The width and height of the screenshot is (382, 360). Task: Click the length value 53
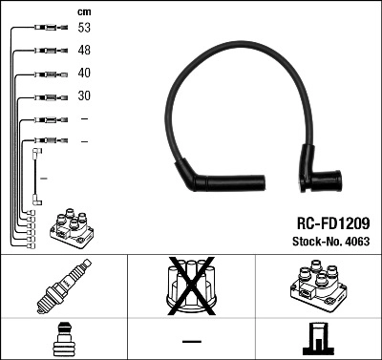tap(85, 29)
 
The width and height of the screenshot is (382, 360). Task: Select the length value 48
tap(85, 51)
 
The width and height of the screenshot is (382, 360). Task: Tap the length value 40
tap(85, 74)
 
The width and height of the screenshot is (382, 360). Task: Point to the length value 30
tap(85, 96)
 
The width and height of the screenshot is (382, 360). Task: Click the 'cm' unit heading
tap(84, 11)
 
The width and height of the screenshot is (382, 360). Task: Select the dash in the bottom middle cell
tap(190, 340)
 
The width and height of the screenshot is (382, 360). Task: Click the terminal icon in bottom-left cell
tap(63, 339)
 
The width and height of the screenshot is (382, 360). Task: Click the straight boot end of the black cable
tap(203, 180)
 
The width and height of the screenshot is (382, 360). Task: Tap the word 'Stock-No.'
tap(310, 243)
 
